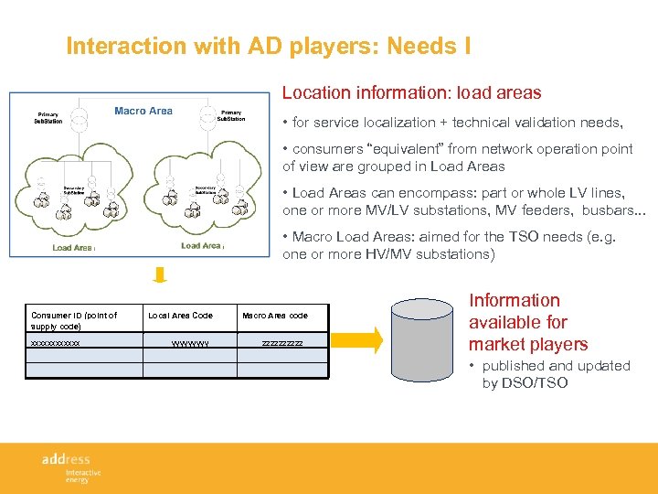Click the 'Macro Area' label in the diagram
(143, 111)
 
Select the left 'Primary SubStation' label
(48, 118)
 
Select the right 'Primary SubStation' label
(232, 115)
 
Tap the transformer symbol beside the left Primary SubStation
(79, 115)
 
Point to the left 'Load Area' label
(73, 247)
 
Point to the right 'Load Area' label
(202, 245)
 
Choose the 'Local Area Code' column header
(180, 316)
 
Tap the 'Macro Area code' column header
(274, 316)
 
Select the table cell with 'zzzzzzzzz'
(281, 343)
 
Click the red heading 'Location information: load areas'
(411, 92)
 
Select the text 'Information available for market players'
(528, 322)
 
